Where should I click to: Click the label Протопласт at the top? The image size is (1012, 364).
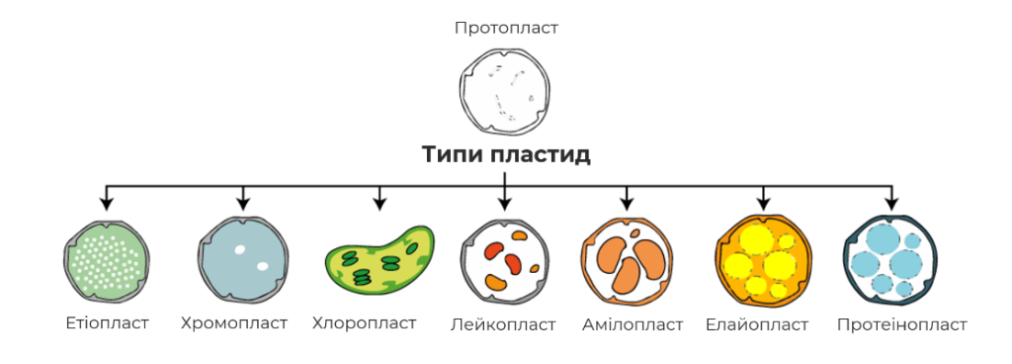click(x=506, y=29)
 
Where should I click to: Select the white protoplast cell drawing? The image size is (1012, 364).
click(x=505, y=89)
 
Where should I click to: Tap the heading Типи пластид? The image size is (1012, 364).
click(x=506, y=155)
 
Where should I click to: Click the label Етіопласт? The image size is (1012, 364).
click(x=107, y=322)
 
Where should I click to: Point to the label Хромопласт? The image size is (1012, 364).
click(x=234, y=322)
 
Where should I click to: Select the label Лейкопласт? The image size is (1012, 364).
click(x=503, y=324)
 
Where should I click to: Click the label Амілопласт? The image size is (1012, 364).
click(x=632, y=324)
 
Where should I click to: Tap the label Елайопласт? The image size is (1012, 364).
click(x=757, y=324)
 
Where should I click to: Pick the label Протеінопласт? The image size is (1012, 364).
click(x=901, y=324)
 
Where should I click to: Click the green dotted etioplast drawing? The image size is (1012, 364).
click(x=107, y=259)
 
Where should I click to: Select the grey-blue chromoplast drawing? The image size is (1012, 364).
click(x=242, y=259)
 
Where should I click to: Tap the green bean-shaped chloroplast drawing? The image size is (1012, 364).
click(x=379, y=259)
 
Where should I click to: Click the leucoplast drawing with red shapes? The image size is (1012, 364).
click(x=504, y=259)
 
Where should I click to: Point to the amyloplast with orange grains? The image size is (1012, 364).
click(x=628, y=259)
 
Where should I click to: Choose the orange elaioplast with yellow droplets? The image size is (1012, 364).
click(x=762, y=259)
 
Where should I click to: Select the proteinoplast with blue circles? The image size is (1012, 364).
click(x=890, y=259)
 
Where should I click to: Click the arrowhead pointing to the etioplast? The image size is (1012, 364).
click(x=107, y=204)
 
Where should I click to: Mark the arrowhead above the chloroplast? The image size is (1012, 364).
click(x=379, y=204)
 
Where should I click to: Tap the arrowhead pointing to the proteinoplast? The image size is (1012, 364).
click(x=891, y=204)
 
